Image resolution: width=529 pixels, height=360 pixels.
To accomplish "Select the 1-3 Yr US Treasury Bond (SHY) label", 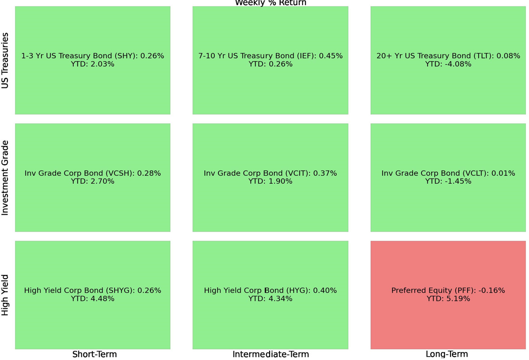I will [x=93, y=56].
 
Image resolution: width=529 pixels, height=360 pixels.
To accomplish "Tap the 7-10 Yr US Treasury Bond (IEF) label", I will [x=270, y=56].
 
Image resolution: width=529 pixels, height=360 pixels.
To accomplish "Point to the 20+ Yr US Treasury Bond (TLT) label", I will [x=448, y=56].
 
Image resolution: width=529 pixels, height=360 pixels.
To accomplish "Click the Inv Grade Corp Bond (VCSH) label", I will [x=93, y=173].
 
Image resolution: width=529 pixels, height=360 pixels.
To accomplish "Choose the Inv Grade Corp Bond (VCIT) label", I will [x=270, y=173].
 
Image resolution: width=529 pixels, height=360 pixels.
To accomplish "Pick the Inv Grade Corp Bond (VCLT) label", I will [x=448, y=173].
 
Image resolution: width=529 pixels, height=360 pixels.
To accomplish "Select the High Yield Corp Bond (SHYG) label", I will [x=93, y=290].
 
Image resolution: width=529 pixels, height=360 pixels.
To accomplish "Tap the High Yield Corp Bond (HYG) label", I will [x=270, y=290].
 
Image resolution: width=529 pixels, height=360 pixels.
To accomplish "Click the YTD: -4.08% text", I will [x=448, y=64].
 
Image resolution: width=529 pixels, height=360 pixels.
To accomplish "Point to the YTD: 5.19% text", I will [x=448, y=299].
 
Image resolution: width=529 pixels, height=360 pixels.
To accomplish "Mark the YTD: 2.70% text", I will [x=93, y=181].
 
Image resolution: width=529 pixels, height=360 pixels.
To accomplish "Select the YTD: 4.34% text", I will [x=270, y=299].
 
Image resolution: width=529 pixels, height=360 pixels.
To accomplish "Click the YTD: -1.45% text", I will [x=448, y=181].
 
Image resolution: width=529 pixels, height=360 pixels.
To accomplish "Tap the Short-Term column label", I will [x=94, y=354].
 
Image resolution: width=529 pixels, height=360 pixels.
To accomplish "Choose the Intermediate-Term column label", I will [x=271, y=354].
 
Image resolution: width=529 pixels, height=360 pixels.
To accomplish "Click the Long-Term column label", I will [x=446, y=354].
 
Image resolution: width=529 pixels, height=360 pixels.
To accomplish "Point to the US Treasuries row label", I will [x=5, y=61].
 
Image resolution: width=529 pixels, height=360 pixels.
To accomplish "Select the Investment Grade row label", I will [x=5, y=178].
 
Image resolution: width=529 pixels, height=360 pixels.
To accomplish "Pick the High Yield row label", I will [x=5, y=295].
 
